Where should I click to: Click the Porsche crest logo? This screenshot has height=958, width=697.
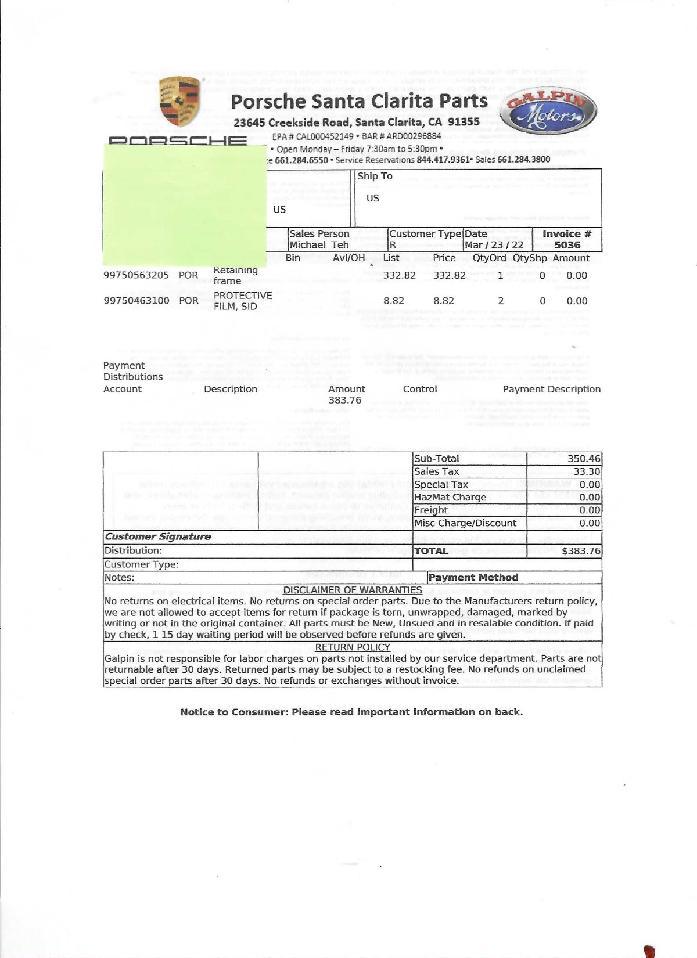pyautogui.click(x=180, y=102)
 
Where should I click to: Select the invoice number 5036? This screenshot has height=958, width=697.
pyautogui.click(x=567, y=245)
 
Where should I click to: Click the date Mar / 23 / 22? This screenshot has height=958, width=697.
pyautogui.click(x=494, y=245)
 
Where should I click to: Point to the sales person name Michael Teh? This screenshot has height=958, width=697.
pyautogui.click(x=319, y=245)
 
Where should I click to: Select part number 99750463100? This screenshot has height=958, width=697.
pyautogui.click(x=136, y=301)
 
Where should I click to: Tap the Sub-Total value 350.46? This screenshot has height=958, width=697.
pyautogui.click(x=584, y=459)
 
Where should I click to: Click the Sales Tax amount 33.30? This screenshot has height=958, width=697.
pyautogui.click(x=587, y=471)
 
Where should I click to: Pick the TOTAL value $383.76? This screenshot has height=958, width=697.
pyautogui.click(x=581, y=551)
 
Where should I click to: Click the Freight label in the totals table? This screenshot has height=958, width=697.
pyautogui.click(x=430, y=510)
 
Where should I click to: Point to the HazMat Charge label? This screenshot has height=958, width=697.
pyautogui.click(x=450, y=498)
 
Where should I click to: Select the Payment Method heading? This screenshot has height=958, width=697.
pyautogui.click(x=473, y=578)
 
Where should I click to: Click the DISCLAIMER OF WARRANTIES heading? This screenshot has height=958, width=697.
pyautogui.click(x=352, y=590)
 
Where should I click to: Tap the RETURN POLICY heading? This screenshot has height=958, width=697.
pyautogui.click(x=352, y=647)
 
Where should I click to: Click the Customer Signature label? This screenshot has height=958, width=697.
pyautogui.click(x=157, y=536)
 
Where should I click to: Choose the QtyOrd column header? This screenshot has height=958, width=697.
pyautogui.click(x=489, y=258)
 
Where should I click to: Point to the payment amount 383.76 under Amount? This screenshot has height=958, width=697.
pyautogui.click(x=345, y=400)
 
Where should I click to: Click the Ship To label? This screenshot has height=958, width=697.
pyautogui.click(x=375, y=176)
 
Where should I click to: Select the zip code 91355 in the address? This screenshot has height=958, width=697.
pyautogui.click(x=464, y=122)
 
